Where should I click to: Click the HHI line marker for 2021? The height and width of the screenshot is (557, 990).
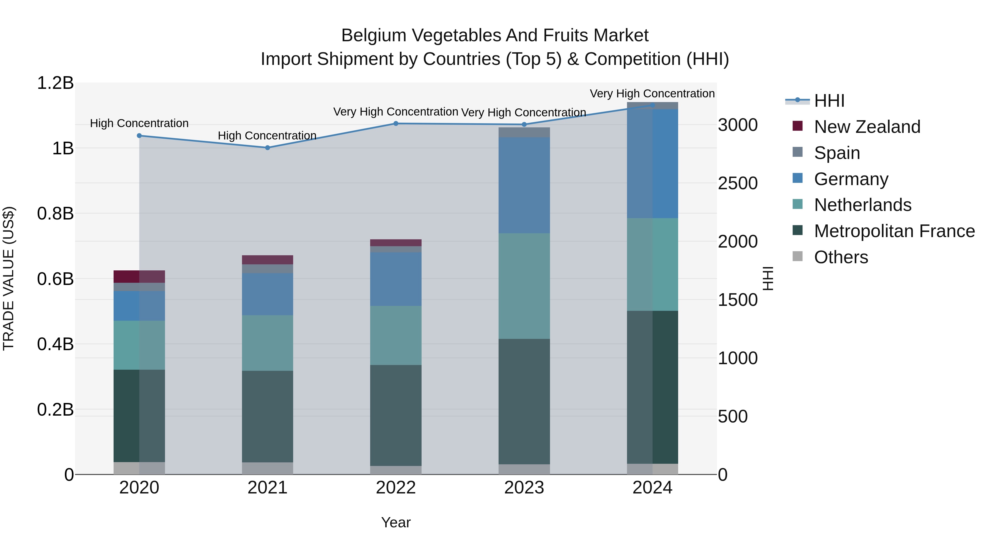coord(268,148)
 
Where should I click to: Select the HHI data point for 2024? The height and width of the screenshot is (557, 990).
coord(652,105)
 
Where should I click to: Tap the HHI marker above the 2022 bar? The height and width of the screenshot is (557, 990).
coord(396,124)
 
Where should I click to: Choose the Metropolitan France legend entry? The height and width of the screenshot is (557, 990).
coord(894,231)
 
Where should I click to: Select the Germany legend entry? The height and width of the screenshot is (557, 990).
coord(851,179)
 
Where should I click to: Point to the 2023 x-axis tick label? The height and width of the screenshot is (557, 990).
coord(524,488)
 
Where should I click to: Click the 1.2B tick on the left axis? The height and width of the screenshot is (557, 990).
coord(55,83)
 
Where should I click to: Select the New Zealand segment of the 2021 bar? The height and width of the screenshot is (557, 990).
coord(268,260)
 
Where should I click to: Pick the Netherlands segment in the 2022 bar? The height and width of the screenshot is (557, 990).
coord(396,335)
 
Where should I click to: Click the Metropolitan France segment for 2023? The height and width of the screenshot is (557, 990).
coord(524,401)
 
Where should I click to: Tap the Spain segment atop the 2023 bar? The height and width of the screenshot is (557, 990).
coord(524,132)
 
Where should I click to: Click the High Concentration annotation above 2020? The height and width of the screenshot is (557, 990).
coord(139,124)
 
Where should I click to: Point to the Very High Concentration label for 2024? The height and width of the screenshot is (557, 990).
coord(652,94)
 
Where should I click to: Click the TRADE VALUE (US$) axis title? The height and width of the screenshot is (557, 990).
coord(9,278)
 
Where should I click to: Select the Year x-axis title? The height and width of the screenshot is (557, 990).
coord(396,523)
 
